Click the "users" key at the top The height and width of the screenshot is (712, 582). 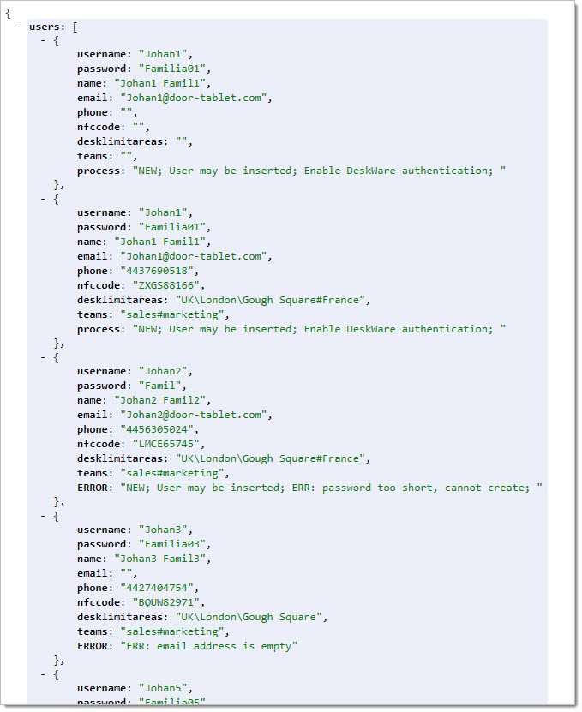[45, 27]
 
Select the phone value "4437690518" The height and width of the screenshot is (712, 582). [157, 271]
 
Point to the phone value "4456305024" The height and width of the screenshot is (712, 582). [157, 429]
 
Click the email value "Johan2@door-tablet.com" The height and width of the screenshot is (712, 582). [194, 415]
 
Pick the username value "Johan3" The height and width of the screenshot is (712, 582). [163, 530]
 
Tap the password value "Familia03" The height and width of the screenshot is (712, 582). [172, 544]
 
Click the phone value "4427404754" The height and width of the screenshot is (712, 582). [157, 588]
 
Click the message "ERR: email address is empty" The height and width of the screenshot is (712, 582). [209, 646]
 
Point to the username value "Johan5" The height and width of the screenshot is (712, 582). [163, 688]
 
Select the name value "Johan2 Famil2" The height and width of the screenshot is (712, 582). [160, 400]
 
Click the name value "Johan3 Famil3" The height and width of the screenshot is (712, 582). [160, 559]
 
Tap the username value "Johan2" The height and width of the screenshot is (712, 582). [163, 371]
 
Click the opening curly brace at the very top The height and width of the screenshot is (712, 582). [8, 13]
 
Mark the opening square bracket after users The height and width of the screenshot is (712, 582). [75, 27]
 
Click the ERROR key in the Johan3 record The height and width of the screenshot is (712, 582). [93, 646]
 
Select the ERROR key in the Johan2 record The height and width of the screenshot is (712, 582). [93, 488]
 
